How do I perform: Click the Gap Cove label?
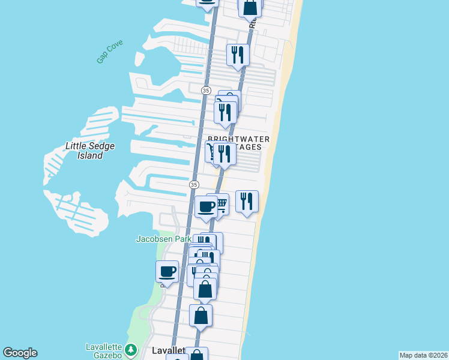[x=109, y=52]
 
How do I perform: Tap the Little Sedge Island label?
[x=90, y=151]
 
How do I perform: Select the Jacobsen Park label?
[x=164, y=239]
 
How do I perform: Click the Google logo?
[x=20, y=353]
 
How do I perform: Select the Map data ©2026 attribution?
[x=423, y=355]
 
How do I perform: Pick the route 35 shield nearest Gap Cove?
[x=206, y=90]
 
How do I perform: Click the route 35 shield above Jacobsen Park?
[x=193, y=184]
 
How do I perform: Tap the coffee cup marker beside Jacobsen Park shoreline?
[x=167, y=272]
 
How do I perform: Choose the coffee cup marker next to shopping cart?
[x=206, y=207]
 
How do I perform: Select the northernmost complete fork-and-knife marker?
[x=238, y=55]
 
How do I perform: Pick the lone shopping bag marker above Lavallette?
[x=200, y=315]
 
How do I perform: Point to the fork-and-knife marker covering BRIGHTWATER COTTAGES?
[x=224, y=154]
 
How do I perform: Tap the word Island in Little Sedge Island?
[x=90, y=155]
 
